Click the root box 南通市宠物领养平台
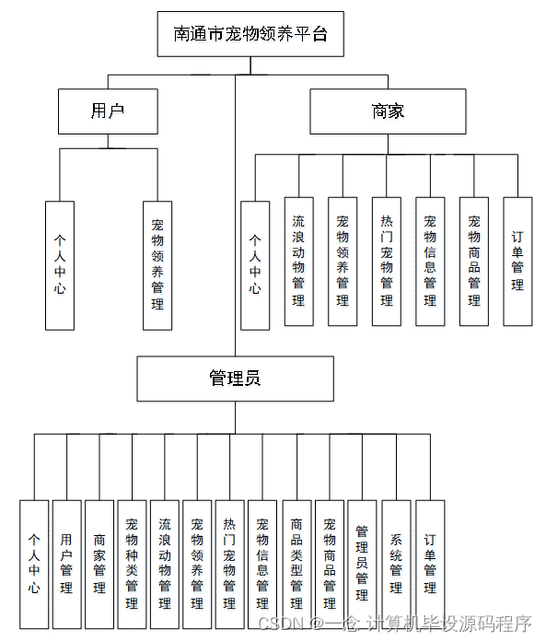point(250,35)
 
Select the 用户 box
point(108,111)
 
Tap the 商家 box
point(388,111)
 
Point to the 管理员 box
point(234,378)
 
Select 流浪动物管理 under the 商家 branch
point(298,261)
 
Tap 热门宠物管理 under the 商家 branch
point(387,261)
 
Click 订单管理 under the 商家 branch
point(517,261)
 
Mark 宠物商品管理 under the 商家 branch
point(474,261)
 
